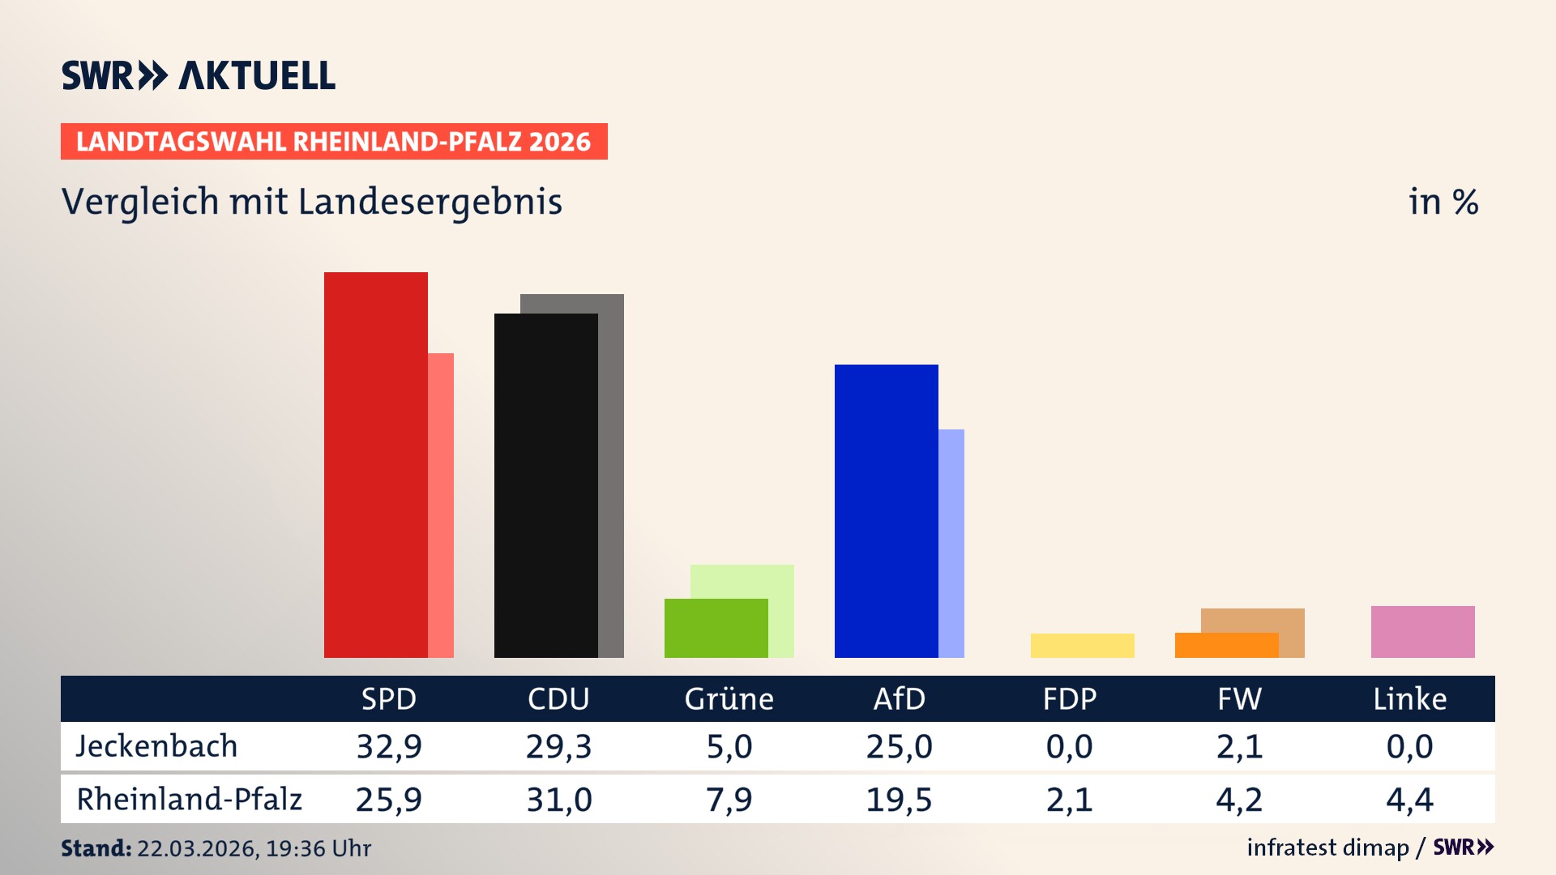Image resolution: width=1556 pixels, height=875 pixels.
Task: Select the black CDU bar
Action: point(545,485)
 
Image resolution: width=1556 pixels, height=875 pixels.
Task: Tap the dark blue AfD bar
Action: point(886,510)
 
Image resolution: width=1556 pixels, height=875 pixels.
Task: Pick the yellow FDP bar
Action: point(1082,646)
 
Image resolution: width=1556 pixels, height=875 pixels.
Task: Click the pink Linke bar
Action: point(1422,632)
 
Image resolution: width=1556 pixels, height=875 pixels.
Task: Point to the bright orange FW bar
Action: point(1225,646)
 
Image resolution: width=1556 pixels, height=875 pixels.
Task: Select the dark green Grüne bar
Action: point(716,628)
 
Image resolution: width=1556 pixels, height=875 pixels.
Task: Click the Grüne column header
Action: point(729,698)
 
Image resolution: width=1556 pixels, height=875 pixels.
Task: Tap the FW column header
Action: point(1239,698)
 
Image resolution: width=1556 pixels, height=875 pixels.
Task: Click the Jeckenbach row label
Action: point(156,746)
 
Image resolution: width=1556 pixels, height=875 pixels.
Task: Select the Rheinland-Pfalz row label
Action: point(189,799)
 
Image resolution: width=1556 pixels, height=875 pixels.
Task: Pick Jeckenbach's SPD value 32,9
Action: point(389,746)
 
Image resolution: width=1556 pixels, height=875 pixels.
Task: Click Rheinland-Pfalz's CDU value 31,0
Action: point(559,800)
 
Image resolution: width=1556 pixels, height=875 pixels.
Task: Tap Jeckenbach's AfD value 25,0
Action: point(899,746)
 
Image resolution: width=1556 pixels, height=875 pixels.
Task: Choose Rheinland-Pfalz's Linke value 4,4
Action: point(1409,800)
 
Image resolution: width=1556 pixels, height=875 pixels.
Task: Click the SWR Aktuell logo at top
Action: point(199,75)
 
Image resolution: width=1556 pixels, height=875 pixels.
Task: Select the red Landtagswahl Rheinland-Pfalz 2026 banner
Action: point(334,142)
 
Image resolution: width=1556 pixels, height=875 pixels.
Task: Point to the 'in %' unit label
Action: point(1443,202)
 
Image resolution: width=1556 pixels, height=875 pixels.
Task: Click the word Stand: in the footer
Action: point(96,848)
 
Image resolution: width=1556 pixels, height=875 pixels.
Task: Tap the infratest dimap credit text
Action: point(1327,847)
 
